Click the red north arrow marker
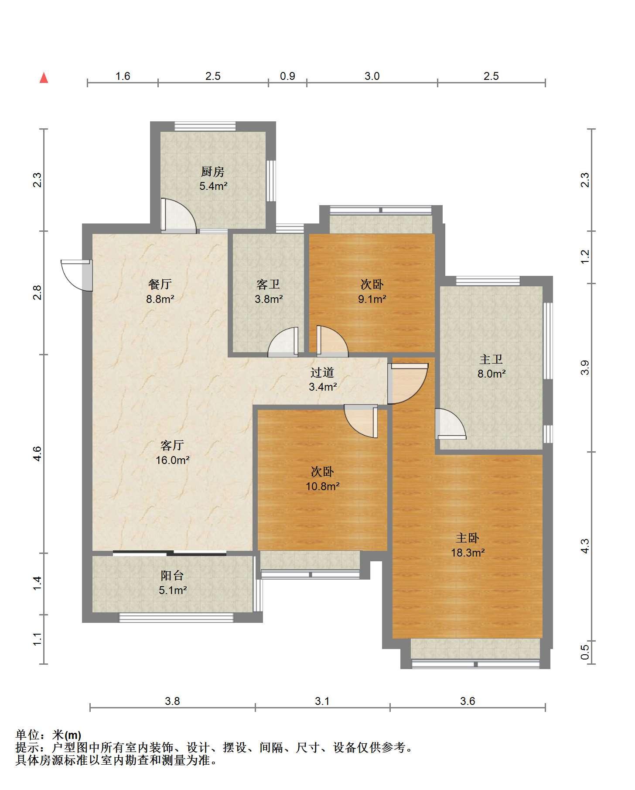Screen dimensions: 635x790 pyautogui.click(x=44, y=78)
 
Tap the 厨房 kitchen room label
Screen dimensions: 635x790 pyautogui.click(x=213, y=172)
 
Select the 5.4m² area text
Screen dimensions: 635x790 pyautogui.click(x=213, y=186)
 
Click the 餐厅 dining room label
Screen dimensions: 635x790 pyautogui.click(x=160, y=285)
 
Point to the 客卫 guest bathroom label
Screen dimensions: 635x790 pyautogui.click(x=268, y=285)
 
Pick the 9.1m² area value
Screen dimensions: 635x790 pyautogui.click(x=372, y=299)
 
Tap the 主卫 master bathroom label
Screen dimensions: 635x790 pyautogui.click(x=491, y=359)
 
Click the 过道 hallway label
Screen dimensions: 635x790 pyautogui.click(x=322, y=372)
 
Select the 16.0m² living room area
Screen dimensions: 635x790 pyautogui.click(x=173, y=460)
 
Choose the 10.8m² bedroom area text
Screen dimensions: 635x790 pyautogui.click(x=323, y=486)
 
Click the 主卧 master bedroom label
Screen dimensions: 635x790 pyautogui.click(x=468, y=538)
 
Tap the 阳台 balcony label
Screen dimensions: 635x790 pyautogui.click(x=172, y=576)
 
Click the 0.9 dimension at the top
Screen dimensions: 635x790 pyautogui.click(x=287, y=76)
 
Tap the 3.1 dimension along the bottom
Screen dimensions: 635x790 pyautogui.click(x=322, y=701)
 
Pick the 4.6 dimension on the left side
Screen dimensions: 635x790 pyautogui.click(x=37, y=454)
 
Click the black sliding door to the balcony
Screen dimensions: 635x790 pyautogui.click(x=170, y=553)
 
